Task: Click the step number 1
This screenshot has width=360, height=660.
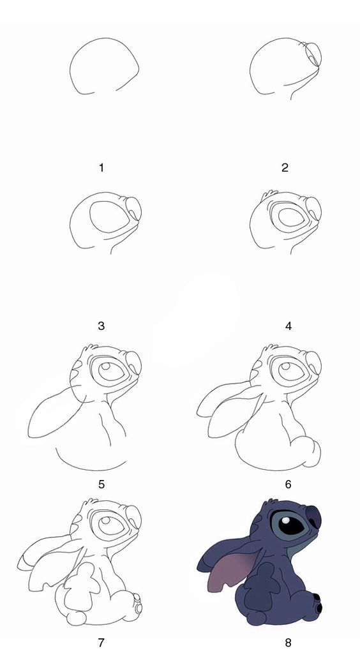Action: tap(101, 168)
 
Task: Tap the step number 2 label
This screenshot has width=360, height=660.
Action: tap(285, 168)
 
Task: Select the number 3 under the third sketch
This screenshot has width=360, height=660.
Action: tap(101, 326)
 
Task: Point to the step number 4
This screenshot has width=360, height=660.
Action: tap(289, 326)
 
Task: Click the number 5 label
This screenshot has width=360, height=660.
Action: tap(101, 484)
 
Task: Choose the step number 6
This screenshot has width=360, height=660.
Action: tap(289, 484)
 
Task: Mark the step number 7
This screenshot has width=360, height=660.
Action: tap(101, 643)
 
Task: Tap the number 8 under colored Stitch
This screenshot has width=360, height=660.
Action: tap(289, 643)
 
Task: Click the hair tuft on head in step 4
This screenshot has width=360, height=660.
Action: tap(271, 193)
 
